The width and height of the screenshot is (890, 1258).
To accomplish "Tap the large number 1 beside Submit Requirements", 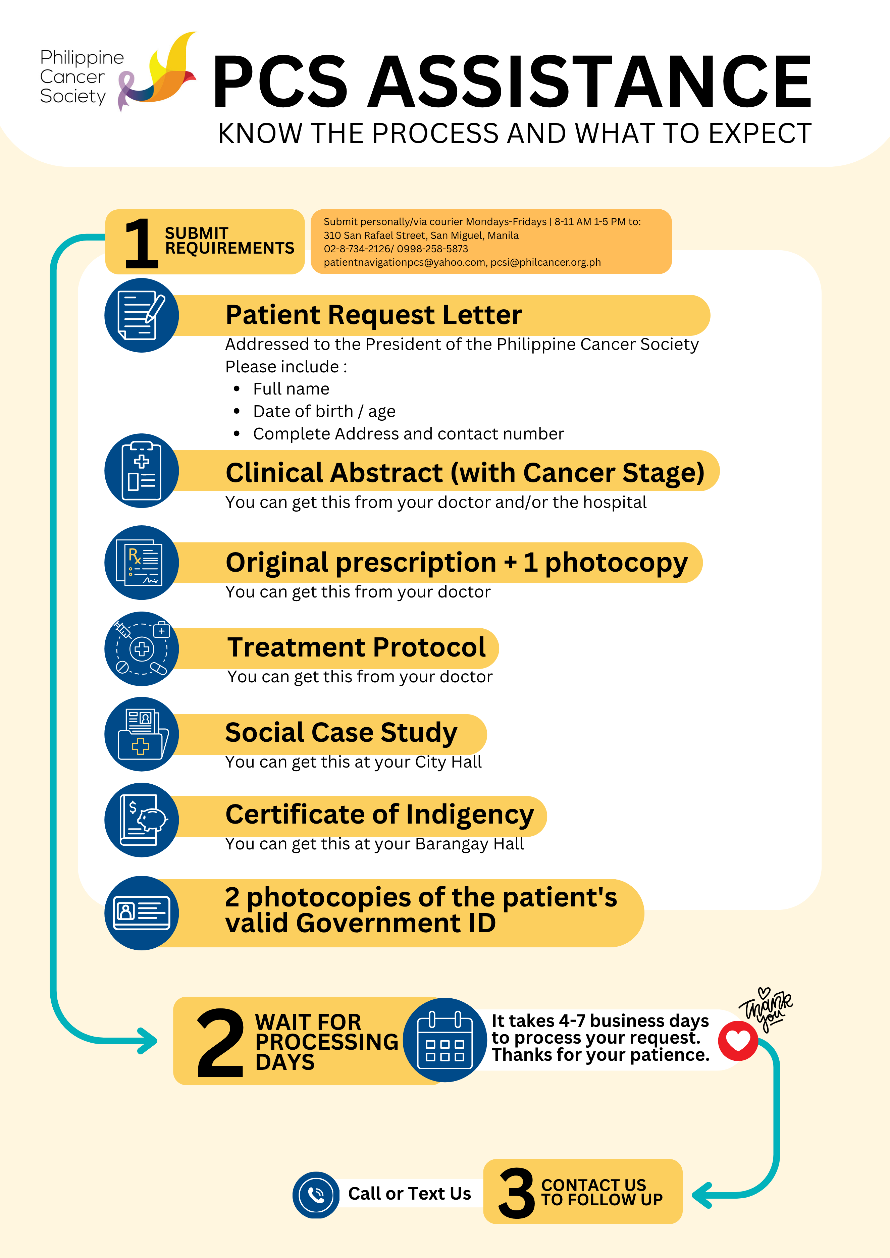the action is [x=141, y=243].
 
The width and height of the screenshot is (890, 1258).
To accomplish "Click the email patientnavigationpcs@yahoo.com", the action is [x=405, y=262].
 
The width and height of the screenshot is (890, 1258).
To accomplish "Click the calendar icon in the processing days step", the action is [x=445, y=1040].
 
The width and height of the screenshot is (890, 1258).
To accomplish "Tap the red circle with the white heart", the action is [x=738, y=1041].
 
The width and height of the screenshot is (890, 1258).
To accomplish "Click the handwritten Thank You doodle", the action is [x=766, y=1010].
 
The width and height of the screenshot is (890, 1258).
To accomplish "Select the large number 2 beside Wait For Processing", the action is [x=220, y=1043].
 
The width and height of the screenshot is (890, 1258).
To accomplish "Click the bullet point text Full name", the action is [x=291, y=389].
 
